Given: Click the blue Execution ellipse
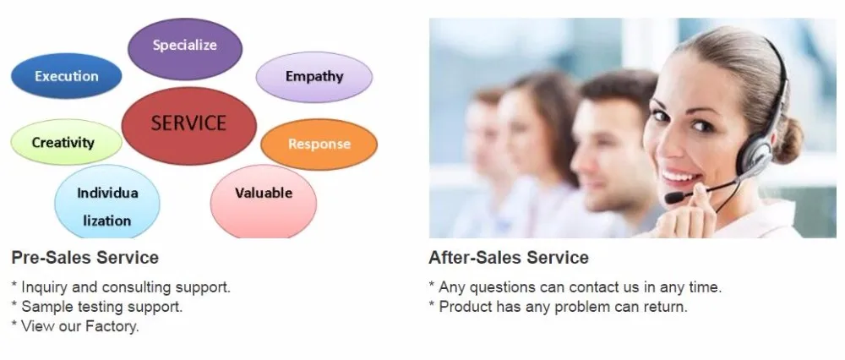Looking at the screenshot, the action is click(x=66, y=76).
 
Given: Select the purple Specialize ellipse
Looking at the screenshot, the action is click(x=185, y=48).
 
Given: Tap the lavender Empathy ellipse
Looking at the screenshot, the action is click(x=314, y=77).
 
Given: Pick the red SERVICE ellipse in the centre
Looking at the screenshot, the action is click(x=188, y=126).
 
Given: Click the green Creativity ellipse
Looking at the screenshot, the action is click(x=66, y=142).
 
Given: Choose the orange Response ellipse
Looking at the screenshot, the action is click(x=319, y=145).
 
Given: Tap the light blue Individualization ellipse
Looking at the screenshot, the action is click(x=107, y=202).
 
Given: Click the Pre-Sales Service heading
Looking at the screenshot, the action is click(x=85, y=258).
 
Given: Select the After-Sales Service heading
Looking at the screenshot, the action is click(x=509, y=258).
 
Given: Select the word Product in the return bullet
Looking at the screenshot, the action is click(x=464, y=307).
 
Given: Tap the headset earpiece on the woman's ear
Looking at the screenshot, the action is click(x=755, y=157).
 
